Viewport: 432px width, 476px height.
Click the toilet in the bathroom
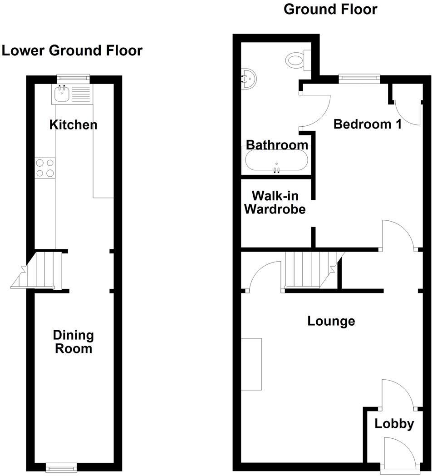click(x=298, y=60)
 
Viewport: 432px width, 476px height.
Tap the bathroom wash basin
click(x=248, y=79)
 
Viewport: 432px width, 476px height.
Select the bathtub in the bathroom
click(x=276, y=161)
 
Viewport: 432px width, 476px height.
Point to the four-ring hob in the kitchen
click(x=45, y=168)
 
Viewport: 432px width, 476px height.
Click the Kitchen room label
click(x=73, y=124)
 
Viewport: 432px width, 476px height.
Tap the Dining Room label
click(x=73, y=342)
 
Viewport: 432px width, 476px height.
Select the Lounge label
click(x=331, y=321)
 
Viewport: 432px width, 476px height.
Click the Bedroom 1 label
click(x=367, y=124)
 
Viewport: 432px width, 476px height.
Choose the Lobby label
click(x=394, y=424)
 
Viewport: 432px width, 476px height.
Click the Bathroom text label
click(x=277, y=145)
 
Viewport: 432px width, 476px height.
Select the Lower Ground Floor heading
click(x=72, y=50)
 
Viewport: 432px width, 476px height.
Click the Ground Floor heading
click(x=330, y=9)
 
